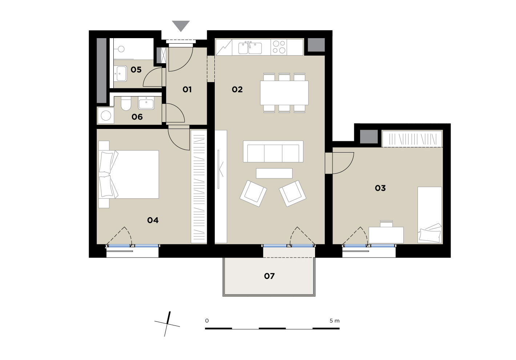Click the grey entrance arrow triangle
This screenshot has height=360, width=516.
point(181,25)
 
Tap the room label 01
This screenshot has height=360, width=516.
point(187,89)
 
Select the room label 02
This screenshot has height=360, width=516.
point(237,89)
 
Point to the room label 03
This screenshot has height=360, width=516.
point(380,188)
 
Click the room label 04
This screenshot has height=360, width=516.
point(153,221)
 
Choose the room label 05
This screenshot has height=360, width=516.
point(136,69)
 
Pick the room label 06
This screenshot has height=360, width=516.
point(137,117)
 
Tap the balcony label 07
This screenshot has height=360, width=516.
point(269,276)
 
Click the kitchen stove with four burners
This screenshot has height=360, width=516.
point(279,47)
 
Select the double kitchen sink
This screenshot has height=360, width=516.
point(250,48)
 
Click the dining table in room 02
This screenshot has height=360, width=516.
point(284,93)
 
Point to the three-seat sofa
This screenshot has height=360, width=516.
point(273,151)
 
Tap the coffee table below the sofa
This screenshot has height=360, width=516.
point(274,173)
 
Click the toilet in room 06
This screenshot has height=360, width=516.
point(126,103)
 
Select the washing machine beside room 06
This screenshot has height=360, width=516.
point(106,116)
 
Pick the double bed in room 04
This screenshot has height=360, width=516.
point(129,174)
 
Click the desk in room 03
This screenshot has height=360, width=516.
point(386,235)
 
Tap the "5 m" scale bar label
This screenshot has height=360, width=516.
point(334,321)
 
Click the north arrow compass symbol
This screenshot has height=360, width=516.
point(168,324)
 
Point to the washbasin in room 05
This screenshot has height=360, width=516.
point(120,74)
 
